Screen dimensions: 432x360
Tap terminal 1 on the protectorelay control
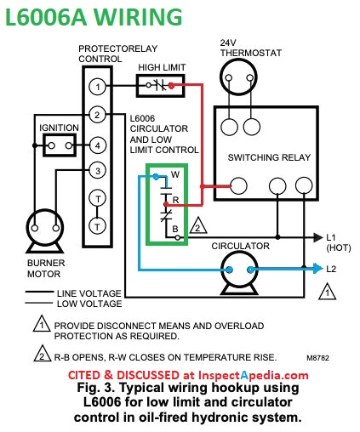click(x=99, y=86)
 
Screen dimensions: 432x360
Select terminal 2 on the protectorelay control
click(x=99, y=115)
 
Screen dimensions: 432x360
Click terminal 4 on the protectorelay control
click(x=99, y=144)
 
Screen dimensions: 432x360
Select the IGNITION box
click(x=60, y=144)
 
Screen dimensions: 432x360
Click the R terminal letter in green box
click(x=174, y=200)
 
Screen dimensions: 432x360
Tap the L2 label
click(x=333, y=268)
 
